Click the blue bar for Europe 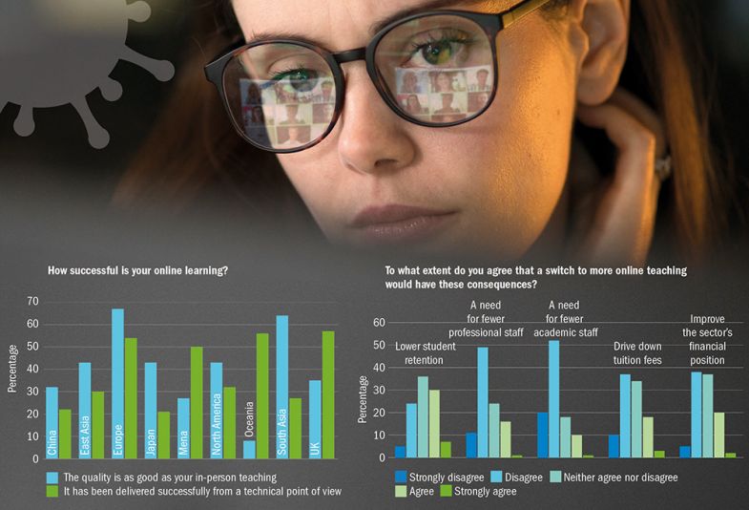coord(117,383)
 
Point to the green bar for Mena coord(197,401)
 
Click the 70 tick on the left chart coord(32,301)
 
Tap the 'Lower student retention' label coord(426,353)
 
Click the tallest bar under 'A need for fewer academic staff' coord(553,399)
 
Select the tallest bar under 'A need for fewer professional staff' coord(483,402)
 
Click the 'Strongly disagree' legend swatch coord(401,476)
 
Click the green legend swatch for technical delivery coord(52,491)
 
